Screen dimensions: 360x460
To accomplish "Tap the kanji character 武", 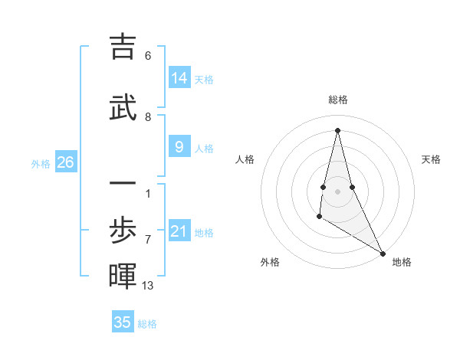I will point(123,106).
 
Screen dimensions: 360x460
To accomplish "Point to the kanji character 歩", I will point(123,229).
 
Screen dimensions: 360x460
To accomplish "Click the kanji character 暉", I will point(123,276).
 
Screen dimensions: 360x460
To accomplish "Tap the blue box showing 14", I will point(179,77).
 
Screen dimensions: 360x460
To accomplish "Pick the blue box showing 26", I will point(66,162).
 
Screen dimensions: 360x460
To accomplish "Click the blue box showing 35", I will point(123,322).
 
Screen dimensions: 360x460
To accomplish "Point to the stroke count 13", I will point(149,286).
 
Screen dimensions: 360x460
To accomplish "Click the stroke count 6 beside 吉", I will point(148,56).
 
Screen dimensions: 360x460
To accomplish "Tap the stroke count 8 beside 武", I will point(148,117).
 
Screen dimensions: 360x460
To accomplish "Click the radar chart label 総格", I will point(338,100).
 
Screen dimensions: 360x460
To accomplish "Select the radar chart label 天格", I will point(431,159).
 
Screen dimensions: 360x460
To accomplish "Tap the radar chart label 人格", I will point(245,159).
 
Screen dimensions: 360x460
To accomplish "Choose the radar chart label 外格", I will point(270,262).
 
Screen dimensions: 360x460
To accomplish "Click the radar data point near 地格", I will point(383,254).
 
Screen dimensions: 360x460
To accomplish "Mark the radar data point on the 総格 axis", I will point(338,129).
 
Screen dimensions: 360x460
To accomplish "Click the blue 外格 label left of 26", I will point(40,163).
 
